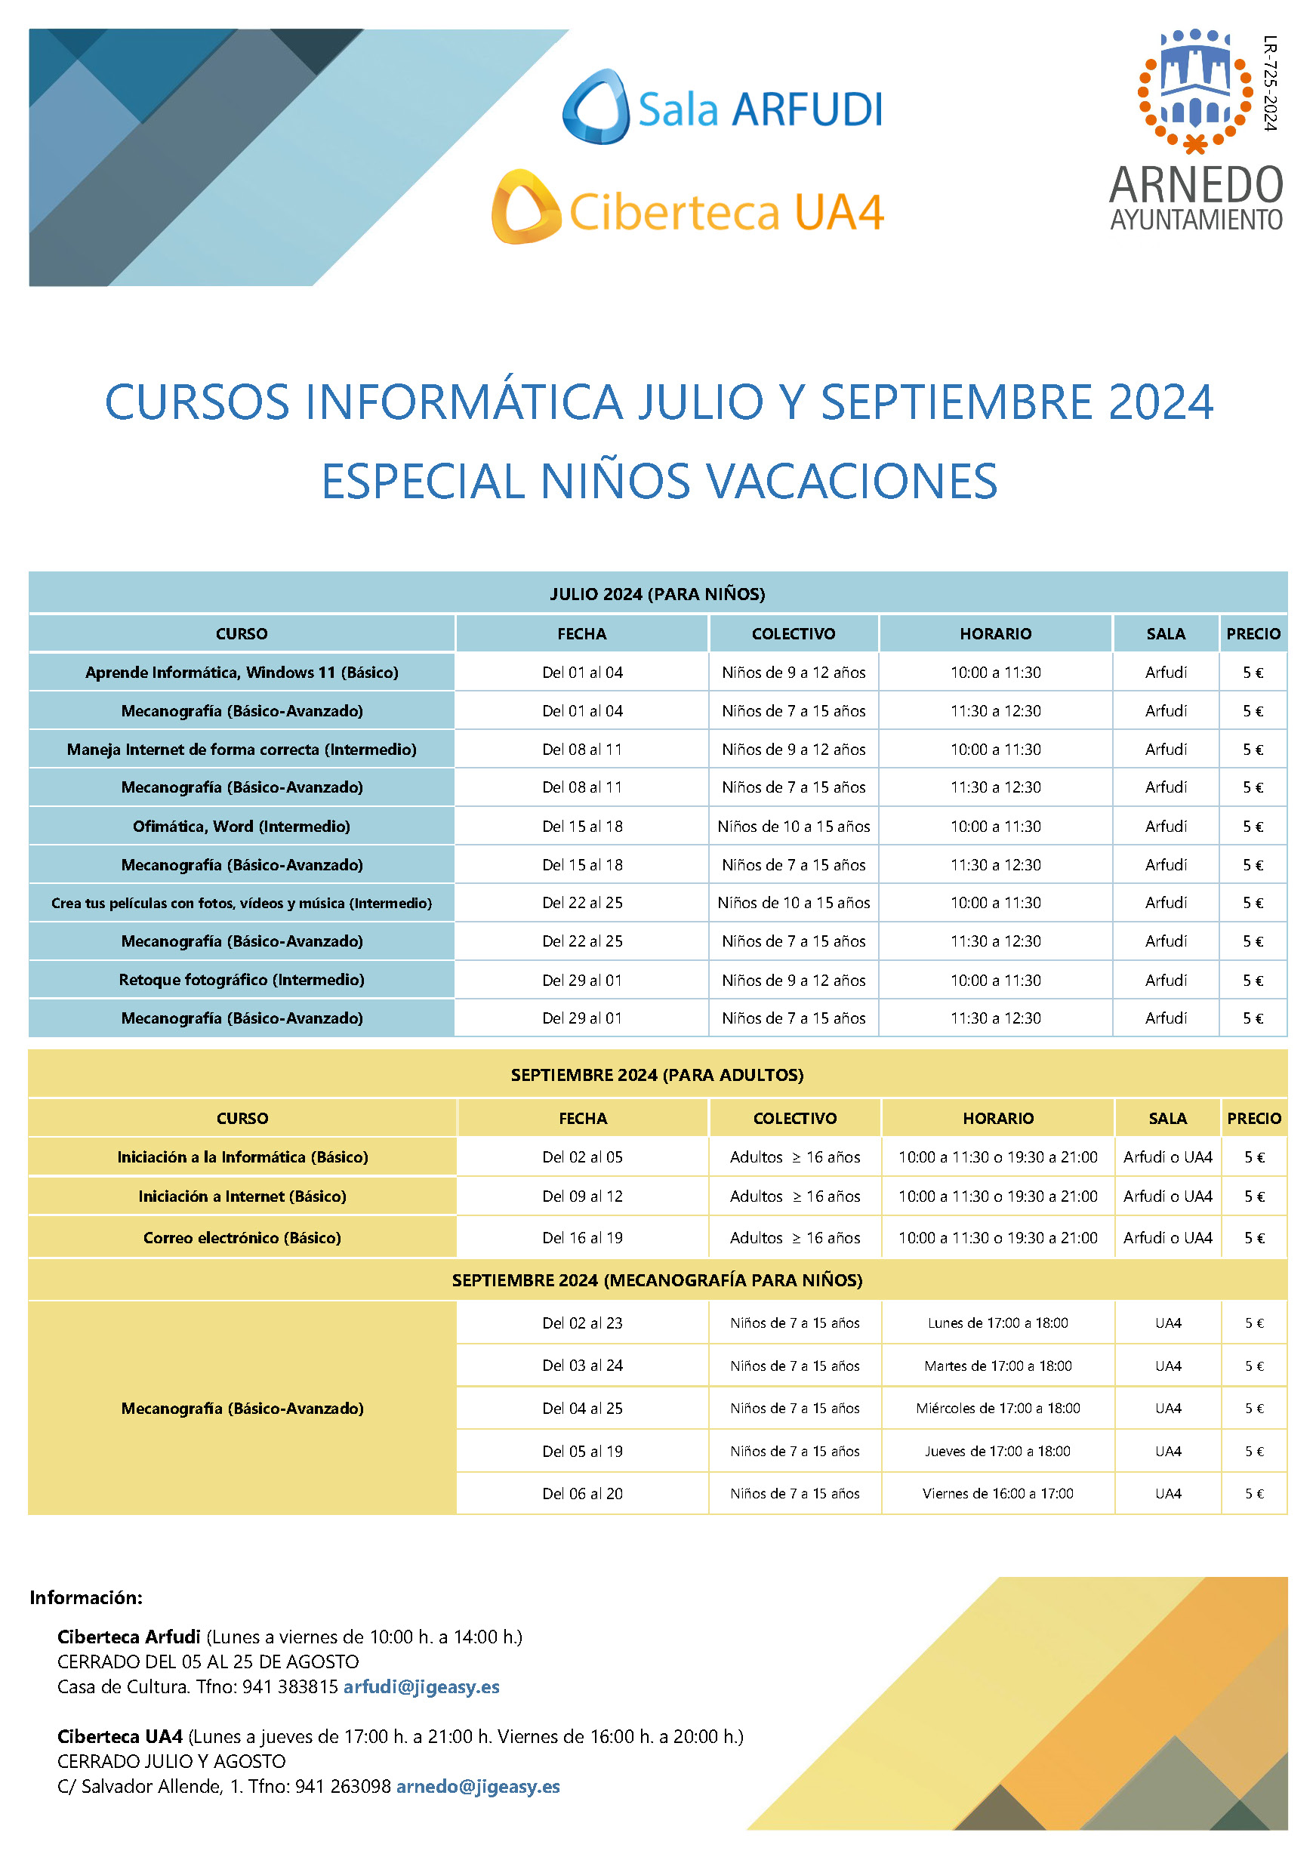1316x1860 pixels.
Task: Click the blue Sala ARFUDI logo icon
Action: tap(596, 107)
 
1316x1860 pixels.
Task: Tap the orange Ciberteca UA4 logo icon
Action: tap(525, 208)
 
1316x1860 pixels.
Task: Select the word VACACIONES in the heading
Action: tap(852, 481)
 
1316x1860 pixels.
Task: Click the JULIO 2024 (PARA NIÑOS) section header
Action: tap(657, 594)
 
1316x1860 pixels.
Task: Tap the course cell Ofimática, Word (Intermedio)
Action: tap(242, 827)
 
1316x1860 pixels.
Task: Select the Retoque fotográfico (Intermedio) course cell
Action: tap(242, 979)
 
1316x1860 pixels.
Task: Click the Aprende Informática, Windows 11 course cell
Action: tap(242, 673)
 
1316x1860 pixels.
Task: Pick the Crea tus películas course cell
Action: tap(242, 903)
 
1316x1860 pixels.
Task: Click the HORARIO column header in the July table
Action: tap(995, 633)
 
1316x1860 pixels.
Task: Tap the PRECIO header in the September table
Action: tap(1253, 1118)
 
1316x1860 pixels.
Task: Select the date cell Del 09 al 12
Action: tap(582, 1196)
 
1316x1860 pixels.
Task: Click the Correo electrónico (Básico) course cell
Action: tap(242, 1237)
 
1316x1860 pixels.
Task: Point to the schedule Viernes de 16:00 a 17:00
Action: tap(997, 1493)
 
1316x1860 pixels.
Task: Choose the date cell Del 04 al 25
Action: tap(582, 1408)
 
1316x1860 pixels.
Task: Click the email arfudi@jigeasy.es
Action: tap(421, 1686)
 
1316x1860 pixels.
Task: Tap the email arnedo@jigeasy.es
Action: tap(477, 1786)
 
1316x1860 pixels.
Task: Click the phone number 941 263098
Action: tap(343, 1786)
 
